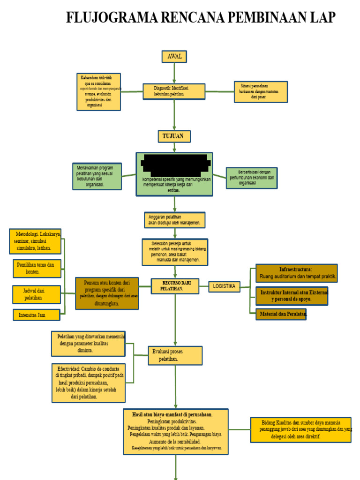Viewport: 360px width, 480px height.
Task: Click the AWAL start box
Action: pos(174,57)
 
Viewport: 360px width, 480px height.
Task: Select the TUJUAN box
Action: pos(174,136)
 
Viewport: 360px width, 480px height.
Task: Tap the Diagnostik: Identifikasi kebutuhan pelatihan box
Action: pos(174,91)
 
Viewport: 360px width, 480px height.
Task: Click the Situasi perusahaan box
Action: pos(261,92)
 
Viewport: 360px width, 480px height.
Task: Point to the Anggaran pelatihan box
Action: pos(174,220)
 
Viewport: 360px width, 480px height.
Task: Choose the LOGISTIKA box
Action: pos(224,286)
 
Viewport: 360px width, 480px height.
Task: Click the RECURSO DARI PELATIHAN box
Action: pos(174,286)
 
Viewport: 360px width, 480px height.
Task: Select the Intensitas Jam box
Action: pos(37,315)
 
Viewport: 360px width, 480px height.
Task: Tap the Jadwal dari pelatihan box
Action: pos(37,294)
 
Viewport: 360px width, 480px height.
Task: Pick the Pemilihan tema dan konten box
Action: pos(37,268)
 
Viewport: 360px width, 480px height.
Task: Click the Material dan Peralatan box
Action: pos(281,314)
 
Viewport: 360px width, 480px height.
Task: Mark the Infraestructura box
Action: pos(296,273)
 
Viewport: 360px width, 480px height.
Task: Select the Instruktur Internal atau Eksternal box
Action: pos(292,296)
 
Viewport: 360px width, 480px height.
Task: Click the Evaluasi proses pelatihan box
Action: pos(175,355)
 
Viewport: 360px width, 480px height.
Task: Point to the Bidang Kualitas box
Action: pos(300,429)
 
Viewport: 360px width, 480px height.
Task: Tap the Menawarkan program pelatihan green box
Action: pos(97,176)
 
